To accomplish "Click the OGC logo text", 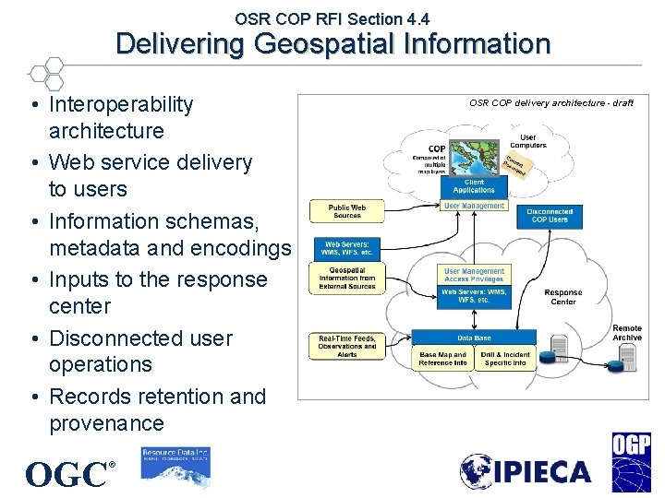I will (x=66, y=474).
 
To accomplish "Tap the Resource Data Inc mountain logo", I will (x=175, y=467).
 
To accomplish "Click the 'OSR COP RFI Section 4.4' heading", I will (x=332, y=18).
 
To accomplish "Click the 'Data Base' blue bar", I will (x=474, y=338).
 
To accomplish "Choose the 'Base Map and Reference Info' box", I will (x=442, y=359).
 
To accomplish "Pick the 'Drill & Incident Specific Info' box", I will (x=504, y=359).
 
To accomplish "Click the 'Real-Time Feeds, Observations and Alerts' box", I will (x=347, y=346).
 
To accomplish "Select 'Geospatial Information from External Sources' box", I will (x=347, y=279).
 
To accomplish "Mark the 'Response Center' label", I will (x=562, y=297).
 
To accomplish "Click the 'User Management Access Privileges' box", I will (x=474, y=275).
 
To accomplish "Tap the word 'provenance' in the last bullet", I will (x=106, y=423).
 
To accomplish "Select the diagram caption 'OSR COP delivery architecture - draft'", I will (x=550, y=103).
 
